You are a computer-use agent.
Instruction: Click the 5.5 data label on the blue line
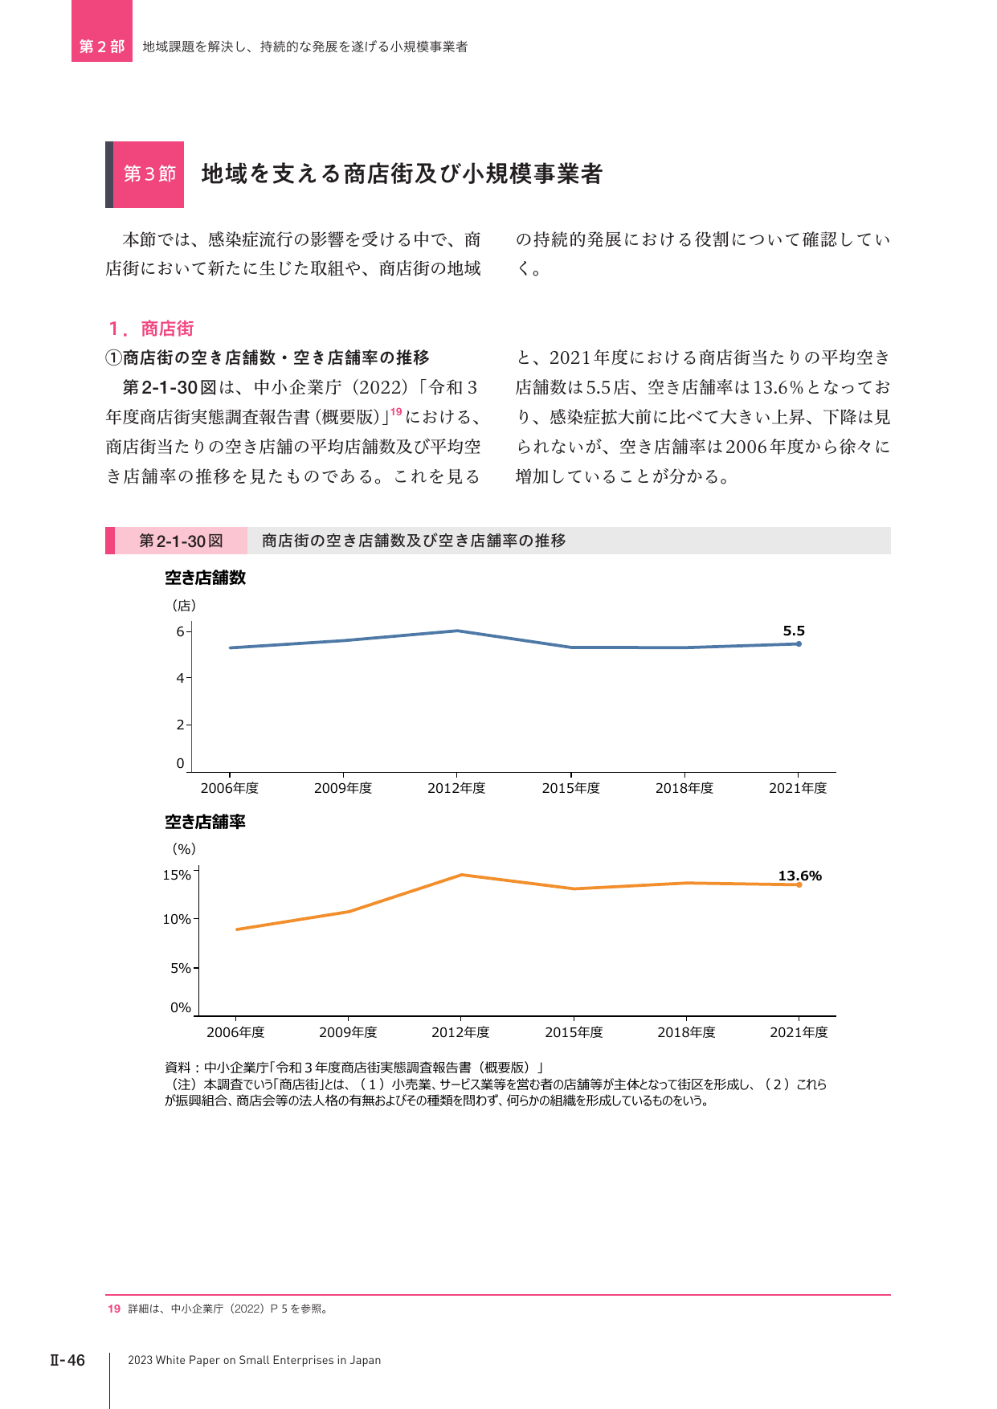click(x=794, y=631)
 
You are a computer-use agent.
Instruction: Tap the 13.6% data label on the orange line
click(x=799, y=876)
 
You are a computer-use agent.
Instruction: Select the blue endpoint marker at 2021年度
click(x=799, y=643)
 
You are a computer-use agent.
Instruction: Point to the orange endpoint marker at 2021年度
click(x=799, y=884)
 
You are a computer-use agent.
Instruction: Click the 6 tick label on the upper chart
click(x=181, y=631)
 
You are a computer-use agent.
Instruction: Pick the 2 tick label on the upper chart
click(x=181, y=725)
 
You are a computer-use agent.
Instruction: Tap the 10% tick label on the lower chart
click(x=177, y=919)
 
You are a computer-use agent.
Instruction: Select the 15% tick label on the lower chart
click(x=177, y=875)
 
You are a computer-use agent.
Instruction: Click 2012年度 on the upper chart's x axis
click(x=456, y=788)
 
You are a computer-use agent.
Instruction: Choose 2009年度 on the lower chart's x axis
click(x=348, y=1032)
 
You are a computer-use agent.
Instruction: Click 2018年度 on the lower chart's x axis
click(x=686, y=1032)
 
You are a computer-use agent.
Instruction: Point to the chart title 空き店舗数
click(x=206, y=578)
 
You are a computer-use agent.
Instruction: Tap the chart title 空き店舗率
click(x=206, y=822)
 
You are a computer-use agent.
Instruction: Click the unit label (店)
click(x=184, y=605)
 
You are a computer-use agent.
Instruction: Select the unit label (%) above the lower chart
click(x=184, y=849)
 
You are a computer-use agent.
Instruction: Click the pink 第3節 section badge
click(x=149, y=174)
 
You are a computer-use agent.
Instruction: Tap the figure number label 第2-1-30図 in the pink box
click(x=181, y=541)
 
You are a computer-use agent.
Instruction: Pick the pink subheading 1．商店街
click(x=151, y=329)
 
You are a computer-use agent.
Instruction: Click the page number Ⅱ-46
click(x=67, y=1360)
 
